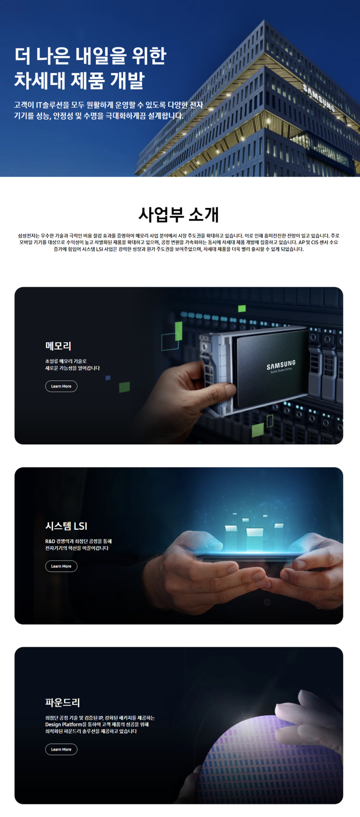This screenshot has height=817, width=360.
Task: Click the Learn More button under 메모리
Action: (61, 386)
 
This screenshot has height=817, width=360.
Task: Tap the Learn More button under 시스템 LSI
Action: (61, 566)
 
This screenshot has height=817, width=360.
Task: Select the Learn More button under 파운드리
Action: (61, 749)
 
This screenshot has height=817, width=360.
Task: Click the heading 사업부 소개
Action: (179, 215)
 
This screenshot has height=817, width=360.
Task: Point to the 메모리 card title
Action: (58, 346)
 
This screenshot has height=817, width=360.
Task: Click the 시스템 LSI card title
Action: (66, 526)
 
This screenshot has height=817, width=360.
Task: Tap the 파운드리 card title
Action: (63, 702)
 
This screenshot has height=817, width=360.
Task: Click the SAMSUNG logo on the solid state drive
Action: (281, 365)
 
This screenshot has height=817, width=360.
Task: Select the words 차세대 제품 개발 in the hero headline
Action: (79, 80)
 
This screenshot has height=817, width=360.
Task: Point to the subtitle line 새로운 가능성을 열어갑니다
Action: (72, 368)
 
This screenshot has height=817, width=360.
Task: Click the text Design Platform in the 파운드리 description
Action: (63, 725)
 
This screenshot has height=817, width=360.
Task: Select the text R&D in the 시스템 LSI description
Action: (50, 541)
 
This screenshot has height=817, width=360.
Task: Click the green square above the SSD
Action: (242, 308)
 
